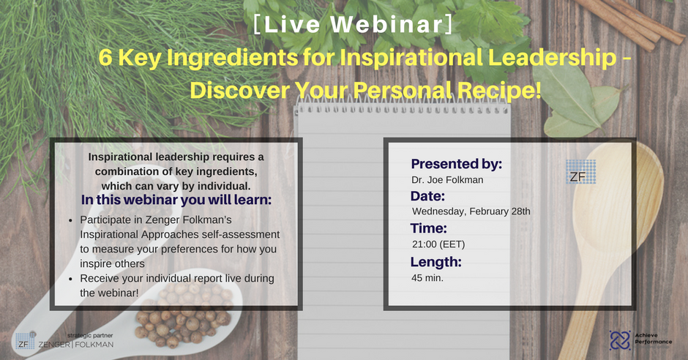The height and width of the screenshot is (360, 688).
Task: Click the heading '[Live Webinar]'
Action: point(354,25)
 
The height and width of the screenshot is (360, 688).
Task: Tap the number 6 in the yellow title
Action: point(105,58)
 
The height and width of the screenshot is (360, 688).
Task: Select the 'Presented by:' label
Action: point(456,164)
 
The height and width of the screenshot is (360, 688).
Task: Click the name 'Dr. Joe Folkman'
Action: point(447,180)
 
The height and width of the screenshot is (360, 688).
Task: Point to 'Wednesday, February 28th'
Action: point(471,211)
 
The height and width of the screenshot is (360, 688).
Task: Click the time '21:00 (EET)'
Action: point(438,244)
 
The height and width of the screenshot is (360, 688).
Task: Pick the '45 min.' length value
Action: point(427,277)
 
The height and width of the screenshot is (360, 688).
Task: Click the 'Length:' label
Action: point(435,262)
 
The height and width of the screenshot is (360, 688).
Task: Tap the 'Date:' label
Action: point(428,196)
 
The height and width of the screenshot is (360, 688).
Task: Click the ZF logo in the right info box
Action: point(580,171)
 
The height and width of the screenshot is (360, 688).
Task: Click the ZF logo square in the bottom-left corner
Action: point(25,341)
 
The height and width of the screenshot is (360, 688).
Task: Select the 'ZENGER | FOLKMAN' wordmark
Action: point(76,345)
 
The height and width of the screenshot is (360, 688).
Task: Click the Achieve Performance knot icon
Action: point(620,340)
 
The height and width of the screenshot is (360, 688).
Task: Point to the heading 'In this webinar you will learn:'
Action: point(176,200)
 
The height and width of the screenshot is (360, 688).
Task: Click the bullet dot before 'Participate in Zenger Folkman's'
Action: point(71,220)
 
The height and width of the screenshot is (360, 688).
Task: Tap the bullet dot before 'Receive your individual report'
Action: point(71,280)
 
